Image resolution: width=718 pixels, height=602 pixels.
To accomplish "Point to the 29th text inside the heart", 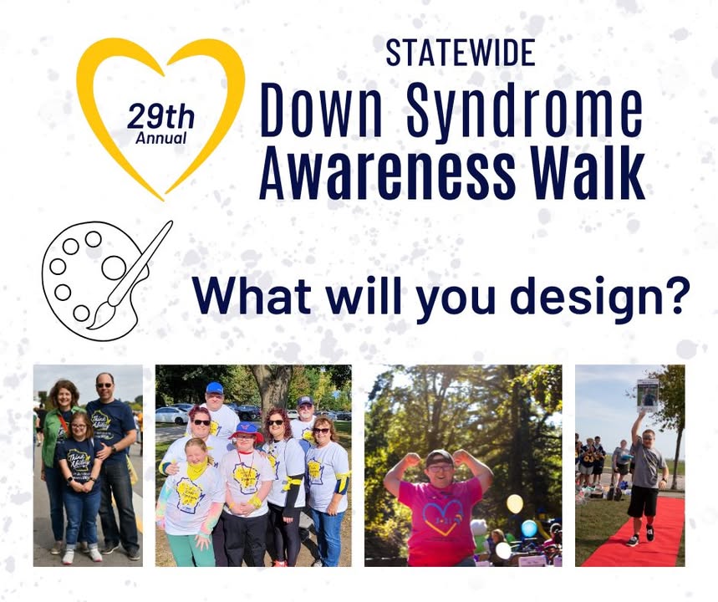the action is click(160, 116).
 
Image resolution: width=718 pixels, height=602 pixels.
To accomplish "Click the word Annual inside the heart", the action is click(160, 138).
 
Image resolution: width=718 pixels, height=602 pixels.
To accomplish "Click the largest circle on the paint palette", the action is click(114, 268).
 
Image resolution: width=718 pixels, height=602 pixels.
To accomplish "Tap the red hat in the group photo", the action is click(246, 432).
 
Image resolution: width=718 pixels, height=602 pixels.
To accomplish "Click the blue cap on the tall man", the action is click(214, 389).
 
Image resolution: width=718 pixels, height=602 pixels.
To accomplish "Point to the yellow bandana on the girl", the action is click(196, 467).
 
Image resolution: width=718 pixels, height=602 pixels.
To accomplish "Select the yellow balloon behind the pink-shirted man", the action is click(515, 504).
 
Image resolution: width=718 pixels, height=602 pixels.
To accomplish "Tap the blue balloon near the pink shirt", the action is click(529, 528).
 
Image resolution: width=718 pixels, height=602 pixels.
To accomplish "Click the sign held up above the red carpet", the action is click(648, 395).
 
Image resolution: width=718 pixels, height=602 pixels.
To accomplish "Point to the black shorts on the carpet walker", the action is click(643, 501).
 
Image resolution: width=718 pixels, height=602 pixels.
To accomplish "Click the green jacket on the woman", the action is click(53, 437).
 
